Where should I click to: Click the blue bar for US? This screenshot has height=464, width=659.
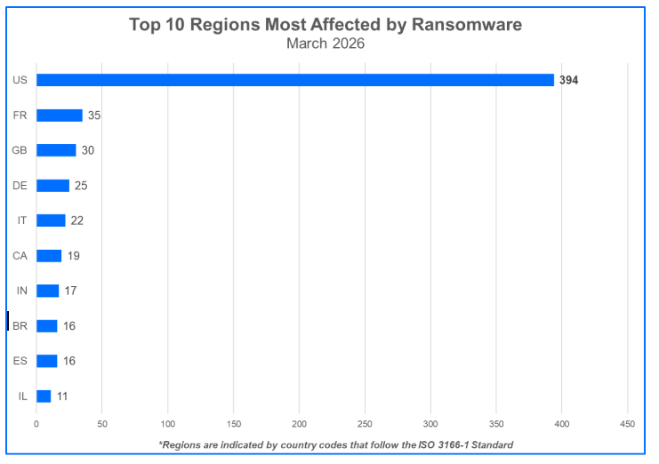tap(294, 80)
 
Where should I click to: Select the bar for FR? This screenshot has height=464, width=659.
tap(59, 116)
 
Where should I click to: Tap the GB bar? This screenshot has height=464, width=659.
tap(56, 150)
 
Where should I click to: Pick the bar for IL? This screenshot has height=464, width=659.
tap(44, 396)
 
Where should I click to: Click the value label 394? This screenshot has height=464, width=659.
tap(569, 80)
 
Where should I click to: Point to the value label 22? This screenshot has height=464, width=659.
tap(76, 220)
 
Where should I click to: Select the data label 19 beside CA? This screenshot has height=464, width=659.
tap(74, 256)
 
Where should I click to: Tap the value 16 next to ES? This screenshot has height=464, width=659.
tap(69, 361)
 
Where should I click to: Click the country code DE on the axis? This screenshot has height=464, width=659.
tap(20, 186)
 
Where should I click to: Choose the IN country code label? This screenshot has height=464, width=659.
tap(21, 291)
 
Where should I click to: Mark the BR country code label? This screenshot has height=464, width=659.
tap(20, 326)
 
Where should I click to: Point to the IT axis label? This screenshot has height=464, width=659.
tap(22, 220)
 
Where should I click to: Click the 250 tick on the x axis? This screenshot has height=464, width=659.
tap(365, 422)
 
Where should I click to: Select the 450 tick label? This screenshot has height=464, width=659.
tap(627, 422)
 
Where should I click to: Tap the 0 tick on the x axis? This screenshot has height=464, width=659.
tap(36, 422)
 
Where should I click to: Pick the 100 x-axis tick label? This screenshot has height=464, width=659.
tap(168, 422)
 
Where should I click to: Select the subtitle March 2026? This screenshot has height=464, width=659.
tap(325, 43)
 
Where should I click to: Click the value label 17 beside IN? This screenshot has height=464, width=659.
tap(70, 291)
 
